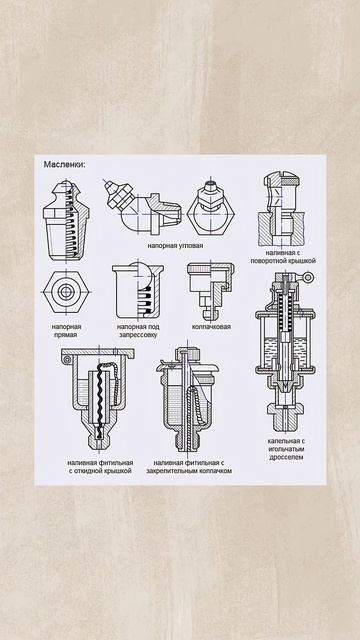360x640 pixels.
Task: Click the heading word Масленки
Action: point(65,165)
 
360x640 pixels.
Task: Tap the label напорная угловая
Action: point(176,246)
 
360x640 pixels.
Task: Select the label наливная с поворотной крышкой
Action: point(283,257)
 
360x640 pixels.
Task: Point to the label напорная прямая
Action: point(67,331)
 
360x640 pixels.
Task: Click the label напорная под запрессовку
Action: point(138,331)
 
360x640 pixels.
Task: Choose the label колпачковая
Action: point(211,327)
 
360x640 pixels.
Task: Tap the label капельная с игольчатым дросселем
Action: point(287,449)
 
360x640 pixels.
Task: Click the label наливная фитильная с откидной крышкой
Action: point(100,467)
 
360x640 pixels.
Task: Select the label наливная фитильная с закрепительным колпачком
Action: point(189,467)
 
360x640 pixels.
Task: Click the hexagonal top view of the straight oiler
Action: point(66,292)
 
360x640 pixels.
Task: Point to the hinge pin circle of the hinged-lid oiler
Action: point(67,359)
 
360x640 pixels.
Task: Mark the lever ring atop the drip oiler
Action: point(310,277)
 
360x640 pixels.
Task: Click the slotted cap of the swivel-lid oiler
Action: point(282,178)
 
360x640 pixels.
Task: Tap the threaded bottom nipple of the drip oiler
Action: point(285,419)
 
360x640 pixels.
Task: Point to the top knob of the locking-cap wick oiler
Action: point(188,353)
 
